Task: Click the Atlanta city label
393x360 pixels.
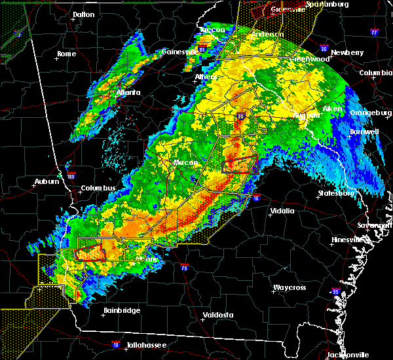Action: (128, 92)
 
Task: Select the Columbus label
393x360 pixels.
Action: (98, 189)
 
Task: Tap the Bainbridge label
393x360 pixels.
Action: (122, 310)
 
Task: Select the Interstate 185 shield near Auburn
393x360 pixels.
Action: (71, 176)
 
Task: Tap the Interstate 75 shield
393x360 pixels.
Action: (185, 268)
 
